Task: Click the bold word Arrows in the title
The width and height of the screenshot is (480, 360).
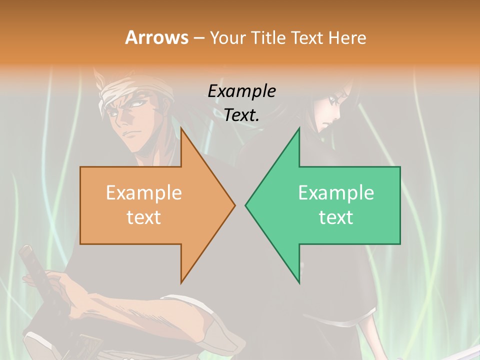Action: (x=156, y=37)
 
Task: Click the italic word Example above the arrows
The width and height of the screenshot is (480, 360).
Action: (x=241, y=91)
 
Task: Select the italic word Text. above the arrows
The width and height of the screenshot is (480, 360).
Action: (x=241, y=115)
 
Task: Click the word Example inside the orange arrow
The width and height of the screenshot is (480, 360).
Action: (x=143, y=193)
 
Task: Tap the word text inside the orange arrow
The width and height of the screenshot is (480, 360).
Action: (x=143, y=217)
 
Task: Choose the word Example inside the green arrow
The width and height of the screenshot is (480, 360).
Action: (x=336, y=193)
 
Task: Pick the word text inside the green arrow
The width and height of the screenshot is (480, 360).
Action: (x=336, y=217)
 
